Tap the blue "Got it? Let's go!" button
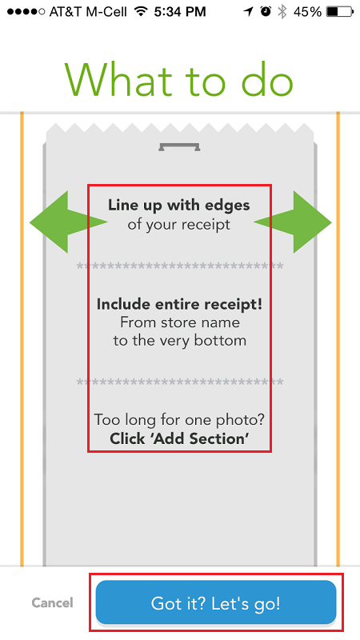[216, 603]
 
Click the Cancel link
[53, 603]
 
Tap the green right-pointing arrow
[293, 222]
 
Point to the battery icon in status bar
[338, 12]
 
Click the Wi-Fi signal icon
[142, 12]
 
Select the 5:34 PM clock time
[180, 12]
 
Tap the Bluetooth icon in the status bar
[282, 12]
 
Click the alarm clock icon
[266, 12]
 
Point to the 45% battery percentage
[307, 12]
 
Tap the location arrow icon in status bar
[249, 12]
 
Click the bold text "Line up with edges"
[178, 205]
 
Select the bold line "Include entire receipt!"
[179, 304]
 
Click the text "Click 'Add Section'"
[179, 438]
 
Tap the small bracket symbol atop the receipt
[179, 147]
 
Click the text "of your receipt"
[178, 225]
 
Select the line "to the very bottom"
[179, 341]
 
